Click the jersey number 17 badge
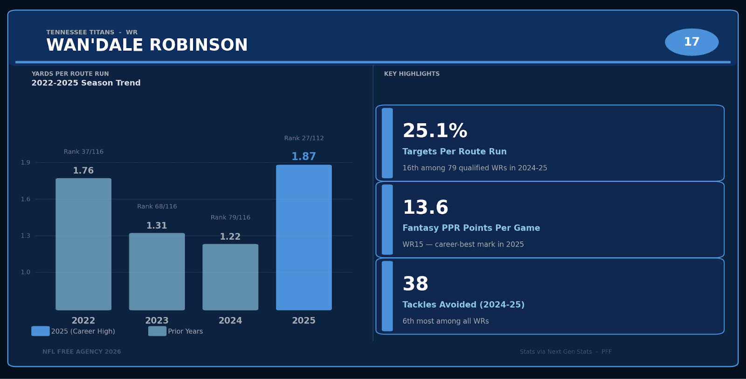tap(691, 42)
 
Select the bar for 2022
tap(83, 244)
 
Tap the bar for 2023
tap(157, 272)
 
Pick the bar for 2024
tap(230, 277)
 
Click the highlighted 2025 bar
tap(304, 237)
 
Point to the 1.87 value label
tap(304, 157)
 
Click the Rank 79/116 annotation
tap(230, 218)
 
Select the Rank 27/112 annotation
tap(304, 138)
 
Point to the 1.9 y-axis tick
tap(26, 162)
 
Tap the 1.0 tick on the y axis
tap(26, 272)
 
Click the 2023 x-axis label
tap(157, 321)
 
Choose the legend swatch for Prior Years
tap(157, 331)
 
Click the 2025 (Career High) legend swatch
tap(41, 331)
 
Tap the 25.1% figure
tap(435, 131)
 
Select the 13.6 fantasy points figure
tap(425, 208)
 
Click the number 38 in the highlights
tap(415, 284)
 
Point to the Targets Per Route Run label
tap(454, 152)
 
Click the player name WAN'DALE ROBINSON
tap(147, 45)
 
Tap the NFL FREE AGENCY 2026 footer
tap(82, 352)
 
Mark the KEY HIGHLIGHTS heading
tap(412, 74)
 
